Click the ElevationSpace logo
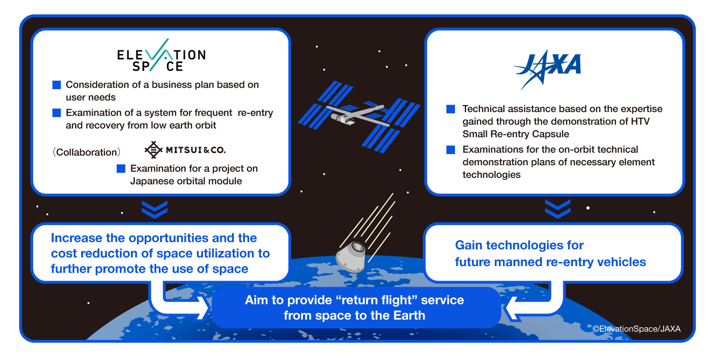(x=161, y=55)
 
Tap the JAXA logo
(x=547, y=70)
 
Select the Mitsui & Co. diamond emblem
(x=154, y=150)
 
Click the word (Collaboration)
(x=86, y=152)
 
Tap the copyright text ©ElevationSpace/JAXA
(x=637, y=329)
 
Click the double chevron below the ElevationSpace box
(x=154, y=210)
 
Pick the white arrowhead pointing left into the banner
(x=511, y=308)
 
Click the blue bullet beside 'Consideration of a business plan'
(x=57, y=85)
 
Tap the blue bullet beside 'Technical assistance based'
(x=451, y=109)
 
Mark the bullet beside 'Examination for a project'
(x=121, y=169)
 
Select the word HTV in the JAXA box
(x=640, y=121)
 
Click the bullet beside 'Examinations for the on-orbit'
(x=451, y=149)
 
